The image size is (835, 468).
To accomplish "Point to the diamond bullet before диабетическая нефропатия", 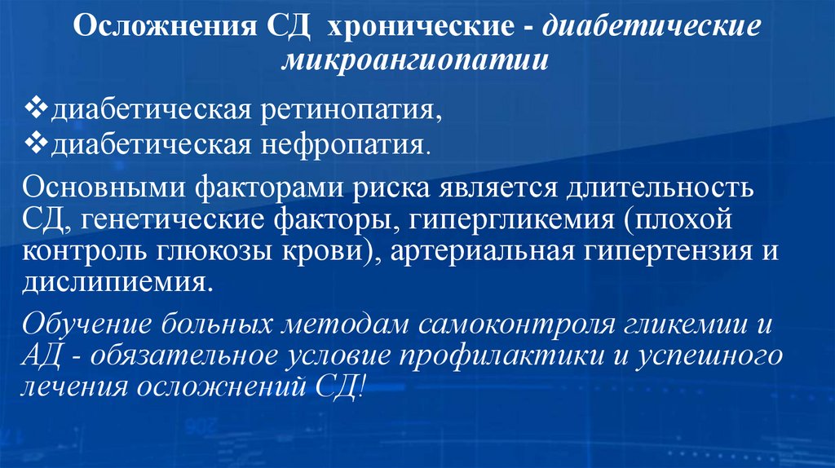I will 38,145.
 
